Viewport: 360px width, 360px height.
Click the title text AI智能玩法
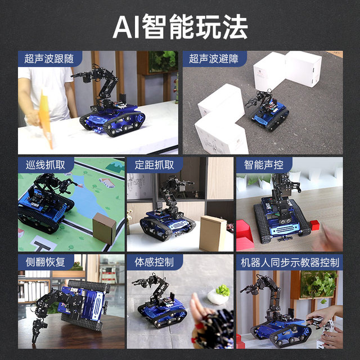pyautogui.click(x=180, y=26)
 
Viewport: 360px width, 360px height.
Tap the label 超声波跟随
pyautogui.click(x=49, y=58)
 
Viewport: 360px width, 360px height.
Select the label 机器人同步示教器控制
pyautogui.click(x=290, y=262)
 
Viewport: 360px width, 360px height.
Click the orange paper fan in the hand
pyautogui.click(x=45, y=115)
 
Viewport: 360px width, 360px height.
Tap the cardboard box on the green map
pyautogui.click(x=103, y=228)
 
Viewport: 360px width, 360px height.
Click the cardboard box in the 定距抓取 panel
pyautogui.click(x=213, y=233)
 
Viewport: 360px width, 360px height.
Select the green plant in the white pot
pyautogui.click(x=223, y=291)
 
